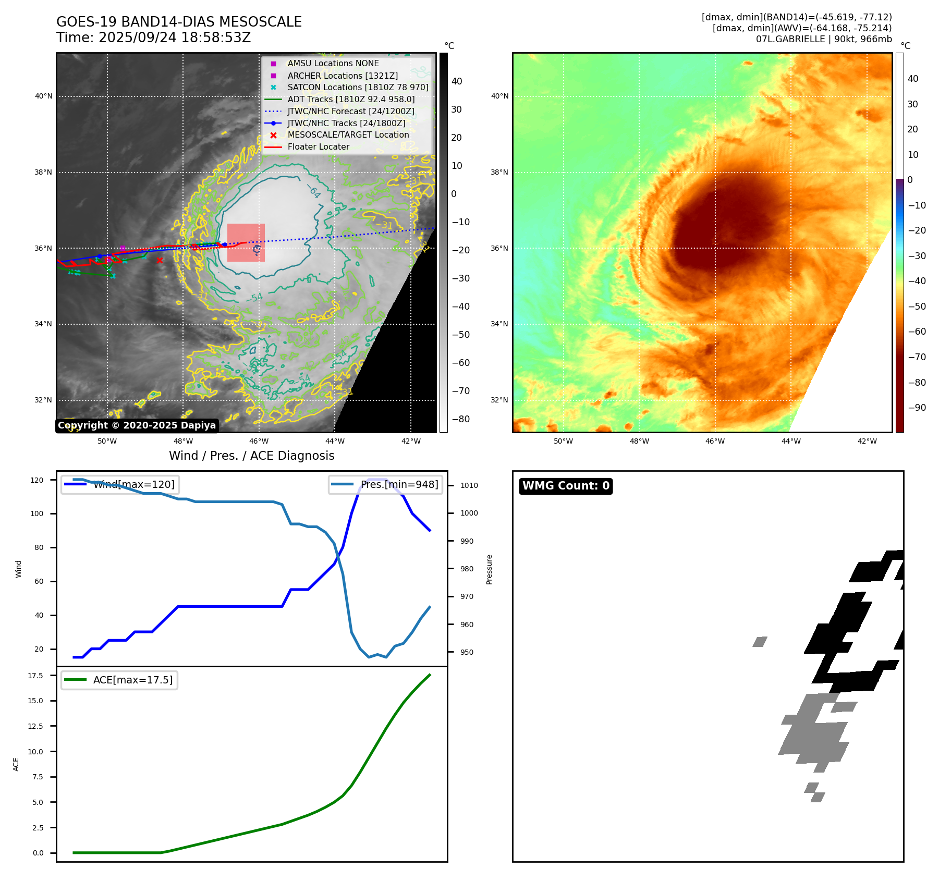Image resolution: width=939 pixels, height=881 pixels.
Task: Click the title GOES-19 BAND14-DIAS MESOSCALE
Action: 179,22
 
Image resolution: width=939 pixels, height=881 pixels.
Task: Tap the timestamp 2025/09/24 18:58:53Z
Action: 174,38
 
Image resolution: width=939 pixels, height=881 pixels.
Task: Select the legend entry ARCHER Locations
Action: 342,76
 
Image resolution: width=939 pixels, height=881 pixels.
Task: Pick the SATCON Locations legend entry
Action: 358,88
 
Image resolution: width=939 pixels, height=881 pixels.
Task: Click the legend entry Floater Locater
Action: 318,147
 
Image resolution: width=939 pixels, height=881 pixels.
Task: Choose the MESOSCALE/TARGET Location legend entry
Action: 348,135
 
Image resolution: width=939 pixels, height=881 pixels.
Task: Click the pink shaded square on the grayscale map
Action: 246,242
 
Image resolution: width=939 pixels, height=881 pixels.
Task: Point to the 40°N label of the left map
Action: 44,96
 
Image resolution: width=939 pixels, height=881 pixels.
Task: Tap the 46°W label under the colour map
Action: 715,442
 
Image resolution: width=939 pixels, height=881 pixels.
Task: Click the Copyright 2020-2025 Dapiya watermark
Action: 137,425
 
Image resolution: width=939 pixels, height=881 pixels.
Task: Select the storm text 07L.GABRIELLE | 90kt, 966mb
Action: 823,39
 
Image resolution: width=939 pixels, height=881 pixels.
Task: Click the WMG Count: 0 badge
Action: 566,486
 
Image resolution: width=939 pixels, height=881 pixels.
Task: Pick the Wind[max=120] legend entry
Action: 133,485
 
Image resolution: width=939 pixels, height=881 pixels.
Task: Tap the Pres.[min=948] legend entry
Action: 399,485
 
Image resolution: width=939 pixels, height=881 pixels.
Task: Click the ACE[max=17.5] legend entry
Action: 132,680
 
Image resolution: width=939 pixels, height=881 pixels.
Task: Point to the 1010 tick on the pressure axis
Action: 469,485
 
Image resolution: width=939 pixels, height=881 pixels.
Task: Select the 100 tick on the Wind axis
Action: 37,514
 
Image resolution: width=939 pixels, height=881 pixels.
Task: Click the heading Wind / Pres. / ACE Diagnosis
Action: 251,456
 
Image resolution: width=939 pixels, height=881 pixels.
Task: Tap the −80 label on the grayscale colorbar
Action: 460,419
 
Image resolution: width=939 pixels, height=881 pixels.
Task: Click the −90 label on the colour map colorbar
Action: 917,408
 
